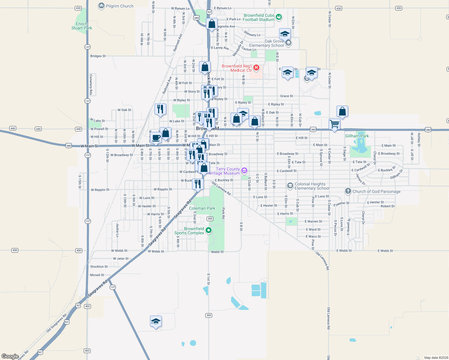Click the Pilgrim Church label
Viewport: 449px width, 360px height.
(x=119, y=6)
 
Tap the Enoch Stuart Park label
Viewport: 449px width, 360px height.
(x=82, y=26)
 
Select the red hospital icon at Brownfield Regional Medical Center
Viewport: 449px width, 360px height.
(x=256, y=67)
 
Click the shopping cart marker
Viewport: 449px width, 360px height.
(x=334, y=124)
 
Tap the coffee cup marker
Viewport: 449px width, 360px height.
(x=156, y=137)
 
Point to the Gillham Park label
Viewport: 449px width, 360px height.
(x=357, y=136)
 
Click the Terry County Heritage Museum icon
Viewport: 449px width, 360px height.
(x=244, y=171)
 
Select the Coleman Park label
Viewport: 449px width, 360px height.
(x=202, y=208)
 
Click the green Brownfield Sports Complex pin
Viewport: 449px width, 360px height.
(x=209, y=230)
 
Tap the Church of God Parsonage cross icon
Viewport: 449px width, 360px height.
(x=348, y=191)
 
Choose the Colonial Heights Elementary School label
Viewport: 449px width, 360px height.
(x=312, y=186)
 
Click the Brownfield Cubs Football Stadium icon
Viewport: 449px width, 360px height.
(x=279, y=17)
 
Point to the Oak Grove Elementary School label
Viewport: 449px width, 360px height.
(x=267, y=43)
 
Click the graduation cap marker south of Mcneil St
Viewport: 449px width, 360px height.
(x=156, y=322)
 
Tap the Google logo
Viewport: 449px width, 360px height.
(x=10, y=356)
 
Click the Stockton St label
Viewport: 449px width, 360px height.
(x=99, y=266)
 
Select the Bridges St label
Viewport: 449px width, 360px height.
(x=98, y=56)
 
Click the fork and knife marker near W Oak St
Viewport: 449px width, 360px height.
(x=160, y=109)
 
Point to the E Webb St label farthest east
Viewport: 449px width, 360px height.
(x=385, y=251)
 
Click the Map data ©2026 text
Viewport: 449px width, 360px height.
(x=436, y=358)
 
